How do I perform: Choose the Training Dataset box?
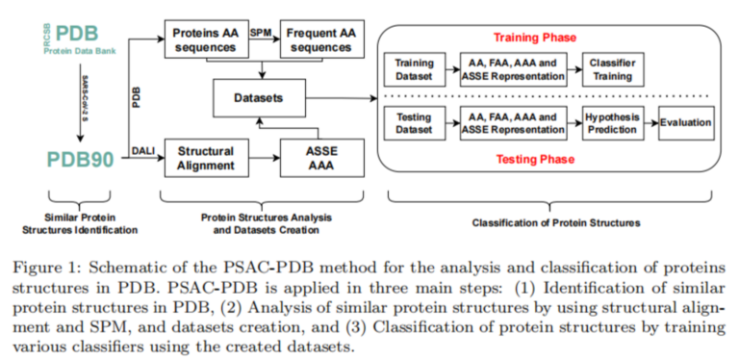click(x=415, y=69)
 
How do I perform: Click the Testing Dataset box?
click(x=415, y=122)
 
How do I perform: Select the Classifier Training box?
click(x=611, y=69)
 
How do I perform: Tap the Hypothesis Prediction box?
click(x=613, y=122)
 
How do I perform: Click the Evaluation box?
click(x=685, y=122)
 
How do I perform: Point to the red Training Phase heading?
click(x=535, y=38)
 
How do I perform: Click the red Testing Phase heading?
click(x=535, y=159)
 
